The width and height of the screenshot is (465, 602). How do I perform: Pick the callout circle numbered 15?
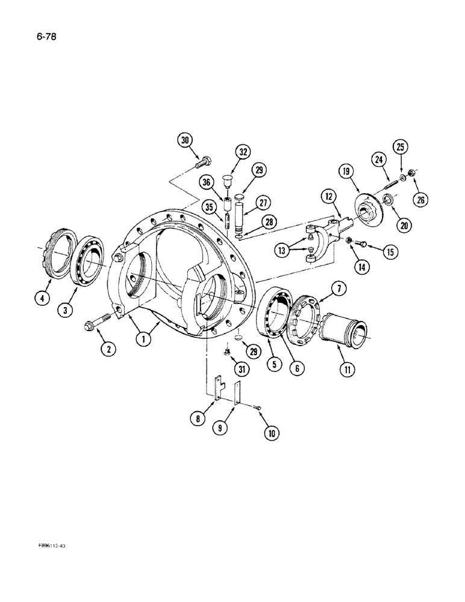tap(390, 252)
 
